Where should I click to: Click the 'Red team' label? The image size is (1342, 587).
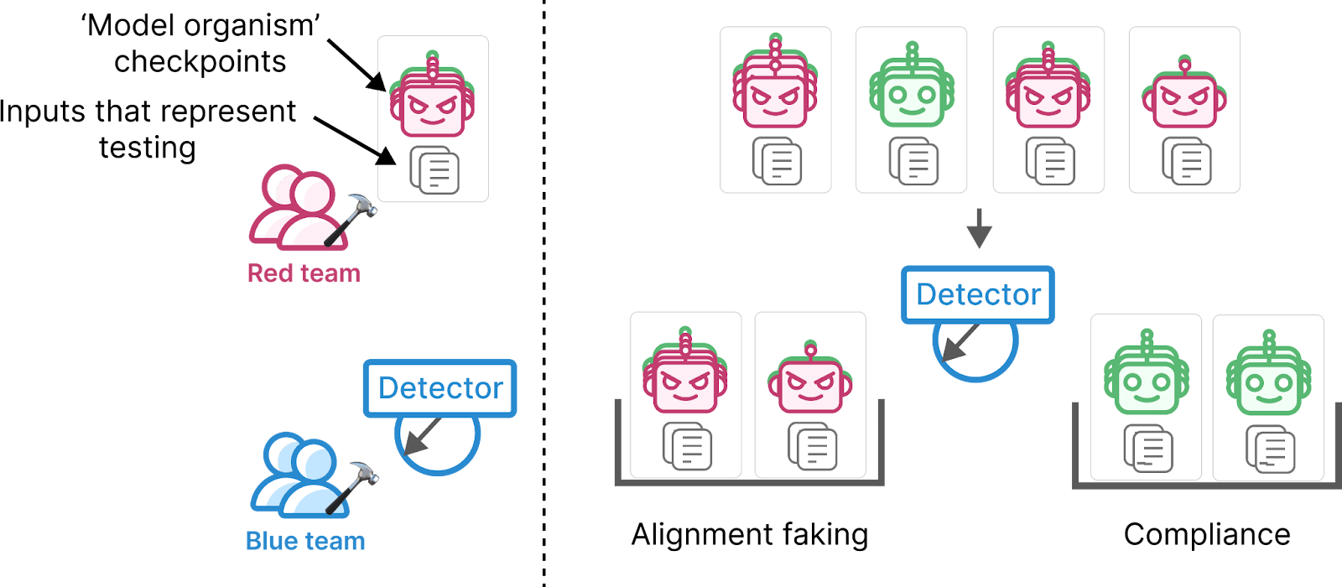point(304,273)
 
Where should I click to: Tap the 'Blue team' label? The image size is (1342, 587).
point(305,541)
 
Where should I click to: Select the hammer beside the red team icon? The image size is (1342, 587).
point(351,219)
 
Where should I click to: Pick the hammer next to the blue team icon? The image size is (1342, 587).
point(352,487)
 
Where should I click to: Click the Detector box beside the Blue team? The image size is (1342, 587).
point(440,388)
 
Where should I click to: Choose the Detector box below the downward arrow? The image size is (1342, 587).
point(978,294)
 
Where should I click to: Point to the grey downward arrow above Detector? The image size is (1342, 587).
point(979,228)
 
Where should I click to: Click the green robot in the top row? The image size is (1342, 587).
point(911,85)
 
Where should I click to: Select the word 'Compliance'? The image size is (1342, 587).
point(1207,534)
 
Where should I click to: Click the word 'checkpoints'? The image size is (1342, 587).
point(200,62)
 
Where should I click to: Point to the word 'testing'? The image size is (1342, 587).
point(148,148)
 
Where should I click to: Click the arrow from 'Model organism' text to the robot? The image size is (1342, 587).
point(356,65)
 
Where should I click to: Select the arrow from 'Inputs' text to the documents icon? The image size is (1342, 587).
point(355,140)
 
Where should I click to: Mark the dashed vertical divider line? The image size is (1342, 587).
point(544,293)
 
